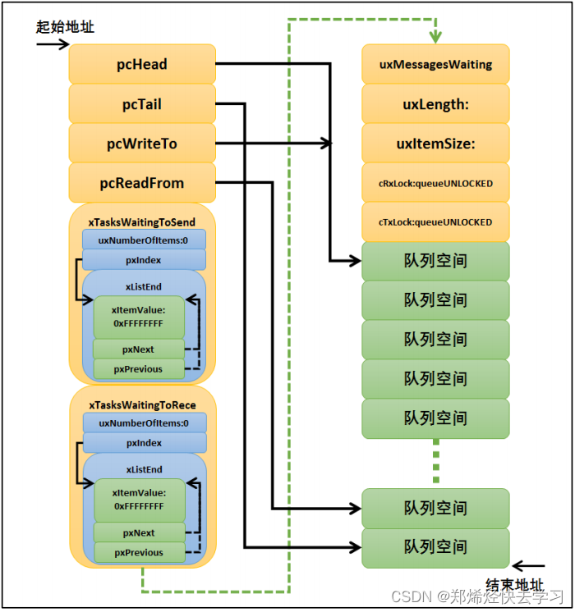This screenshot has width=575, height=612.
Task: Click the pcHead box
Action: pos(142,64)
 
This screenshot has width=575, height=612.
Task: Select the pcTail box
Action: pos(142,103)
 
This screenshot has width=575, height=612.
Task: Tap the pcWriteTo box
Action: pos(142,144)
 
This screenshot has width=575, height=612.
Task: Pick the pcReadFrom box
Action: pos(142,183)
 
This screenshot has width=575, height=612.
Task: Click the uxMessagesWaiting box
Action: pos(435,64)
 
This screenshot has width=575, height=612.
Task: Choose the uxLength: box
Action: pos(435,103)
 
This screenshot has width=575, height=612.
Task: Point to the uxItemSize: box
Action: pos(435,144)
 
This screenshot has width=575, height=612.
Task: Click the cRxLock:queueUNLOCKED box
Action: pos(435,183)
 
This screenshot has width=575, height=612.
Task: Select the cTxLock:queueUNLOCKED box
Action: pos(435,222)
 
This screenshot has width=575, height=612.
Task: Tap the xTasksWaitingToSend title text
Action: pos(143,222)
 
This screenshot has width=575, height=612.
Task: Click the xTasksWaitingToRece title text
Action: pos(143,405)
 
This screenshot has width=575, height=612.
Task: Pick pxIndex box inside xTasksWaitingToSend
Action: pos(144,260)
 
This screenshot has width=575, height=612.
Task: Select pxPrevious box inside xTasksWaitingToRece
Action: pos(138,552)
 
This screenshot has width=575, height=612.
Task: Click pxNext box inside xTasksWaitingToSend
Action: pos(138,349)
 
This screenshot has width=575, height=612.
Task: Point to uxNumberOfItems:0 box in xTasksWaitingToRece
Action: pos(144,423)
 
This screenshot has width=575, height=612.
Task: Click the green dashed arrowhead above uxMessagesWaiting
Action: pos(435,38)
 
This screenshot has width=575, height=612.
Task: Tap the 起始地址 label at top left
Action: pos(65,26)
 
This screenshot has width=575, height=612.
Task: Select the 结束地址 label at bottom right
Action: pos(514,585)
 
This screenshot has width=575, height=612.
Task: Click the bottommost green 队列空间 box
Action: pos(435,547)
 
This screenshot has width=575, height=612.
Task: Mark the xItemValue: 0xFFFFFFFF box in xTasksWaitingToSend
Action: pos(138,317)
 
